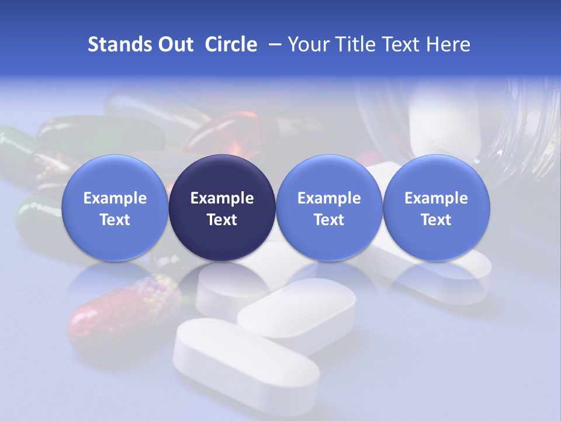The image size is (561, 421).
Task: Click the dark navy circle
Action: click(x=222, y=208)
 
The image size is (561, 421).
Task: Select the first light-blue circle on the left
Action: click(x=115, y=208)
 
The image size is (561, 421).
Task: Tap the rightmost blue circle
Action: click(x=436, y=208)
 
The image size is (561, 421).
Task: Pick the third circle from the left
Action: click(x=329, y=208)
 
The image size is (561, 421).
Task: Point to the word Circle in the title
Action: click(x=231, y=44)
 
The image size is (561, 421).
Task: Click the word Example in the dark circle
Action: click(x=222, y=198)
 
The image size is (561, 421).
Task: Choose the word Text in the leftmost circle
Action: click(x=115, y=220)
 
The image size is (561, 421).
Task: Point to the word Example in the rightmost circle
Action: click(x=436, y=198)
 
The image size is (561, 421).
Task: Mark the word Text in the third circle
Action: click(x=329, y=220)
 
